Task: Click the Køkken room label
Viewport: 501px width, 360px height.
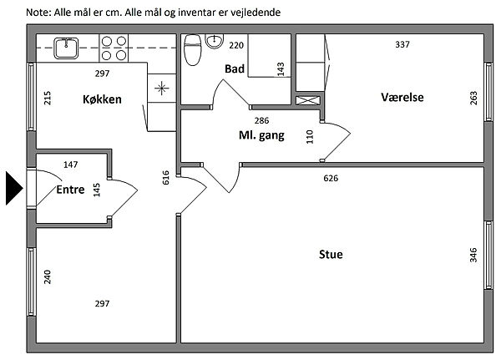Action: point(102,99)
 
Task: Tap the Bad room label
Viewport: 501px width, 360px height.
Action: point(234,69)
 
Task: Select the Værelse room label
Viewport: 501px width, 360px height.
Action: point(402,98)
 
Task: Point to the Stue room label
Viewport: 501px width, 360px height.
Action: point(330,255)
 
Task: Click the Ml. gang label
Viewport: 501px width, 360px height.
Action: point(261,135)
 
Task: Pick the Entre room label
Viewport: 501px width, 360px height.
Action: point(70,190)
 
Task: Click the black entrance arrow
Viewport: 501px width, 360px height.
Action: point(13,188)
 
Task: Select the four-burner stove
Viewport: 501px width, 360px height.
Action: point(115,48)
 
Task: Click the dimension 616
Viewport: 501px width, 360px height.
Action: point(166,177)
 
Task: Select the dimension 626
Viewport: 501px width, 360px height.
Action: point(331,178)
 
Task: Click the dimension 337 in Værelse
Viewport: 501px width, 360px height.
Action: point(402,44)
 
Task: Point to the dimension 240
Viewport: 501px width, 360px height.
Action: point(47,276)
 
